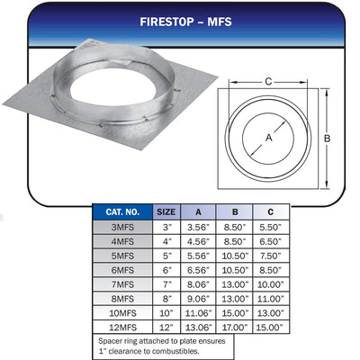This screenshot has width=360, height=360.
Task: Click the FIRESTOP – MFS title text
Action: (x=185, y=22)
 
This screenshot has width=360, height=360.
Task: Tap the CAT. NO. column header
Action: (x=122, y=212)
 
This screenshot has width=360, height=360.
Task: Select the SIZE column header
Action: (x=166, y=212)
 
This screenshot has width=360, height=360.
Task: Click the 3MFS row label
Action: (x=122, y=227)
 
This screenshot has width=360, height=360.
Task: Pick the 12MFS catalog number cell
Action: (x=122, y=328)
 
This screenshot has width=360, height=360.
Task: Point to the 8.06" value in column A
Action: (x=198, y=284)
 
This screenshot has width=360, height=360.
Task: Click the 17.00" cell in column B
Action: (x=235, y=328)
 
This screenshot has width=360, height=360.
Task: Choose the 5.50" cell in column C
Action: (x=271, y=227)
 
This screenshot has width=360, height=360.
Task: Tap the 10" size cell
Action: (x=166, y=313)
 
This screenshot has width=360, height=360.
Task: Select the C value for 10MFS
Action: (x=271, y=313)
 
